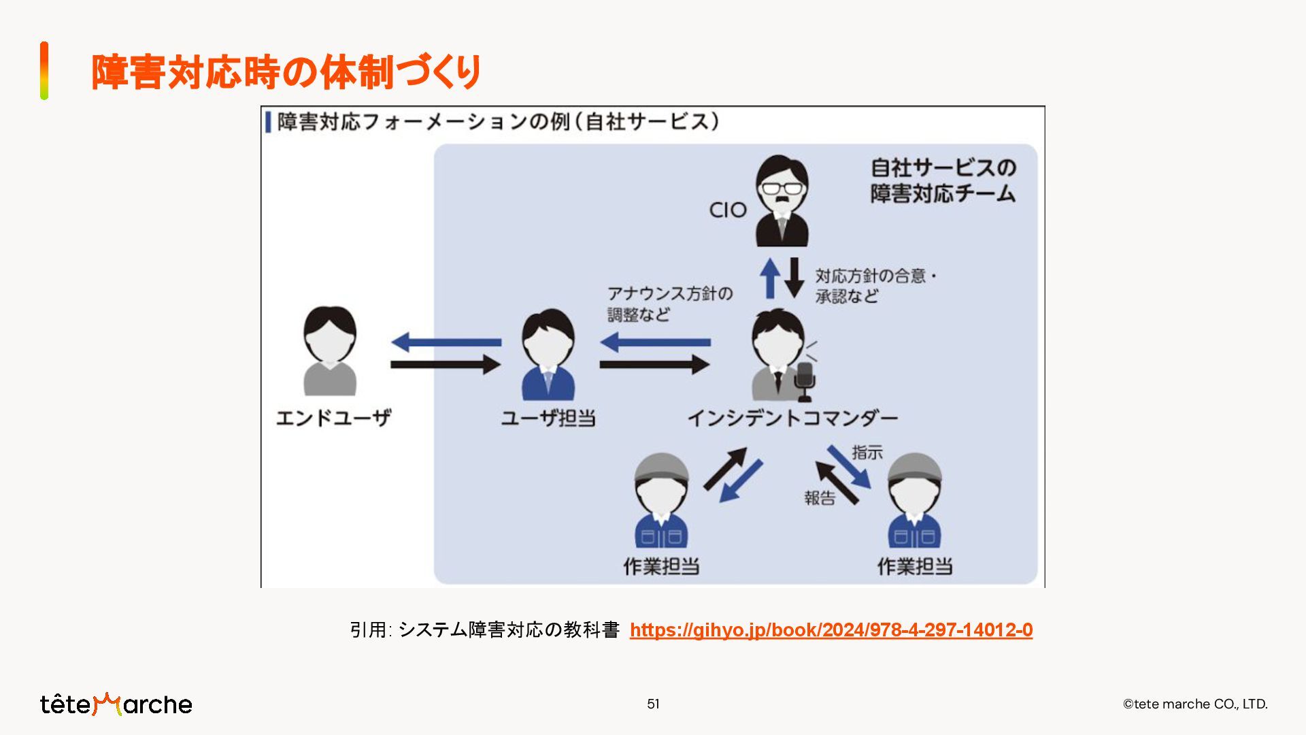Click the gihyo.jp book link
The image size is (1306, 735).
tap(831, 630)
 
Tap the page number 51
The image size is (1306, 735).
tap(653, 704)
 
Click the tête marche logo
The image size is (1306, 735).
tap(116, 704)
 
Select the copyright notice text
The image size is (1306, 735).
tap(1195, 704)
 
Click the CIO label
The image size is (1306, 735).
tap(728, 210)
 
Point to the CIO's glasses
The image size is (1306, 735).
tap(782, 188)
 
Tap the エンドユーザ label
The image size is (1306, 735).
tap(333, 417)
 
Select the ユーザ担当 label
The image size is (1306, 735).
tap(548, 417)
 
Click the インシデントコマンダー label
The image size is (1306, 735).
tap(792, 417)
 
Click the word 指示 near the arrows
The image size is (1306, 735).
tap(867, 453)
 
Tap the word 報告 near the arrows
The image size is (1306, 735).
tap(820, 498)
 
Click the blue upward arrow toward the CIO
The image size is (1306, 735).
tap(770, 278)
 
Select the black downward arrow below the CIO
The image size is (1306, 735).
tap(794, 278)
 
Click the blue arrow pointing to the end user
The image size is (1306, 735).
tap(446, 342)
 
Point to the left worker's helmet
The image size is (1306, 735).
tap(660, 467)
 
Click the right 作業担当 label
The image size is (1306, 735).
tap(915, 566)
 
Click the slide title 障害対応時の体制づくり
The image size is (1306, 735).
tap(286, 72)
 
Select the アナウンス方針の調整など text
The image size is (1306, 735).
tap(669, 304)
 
